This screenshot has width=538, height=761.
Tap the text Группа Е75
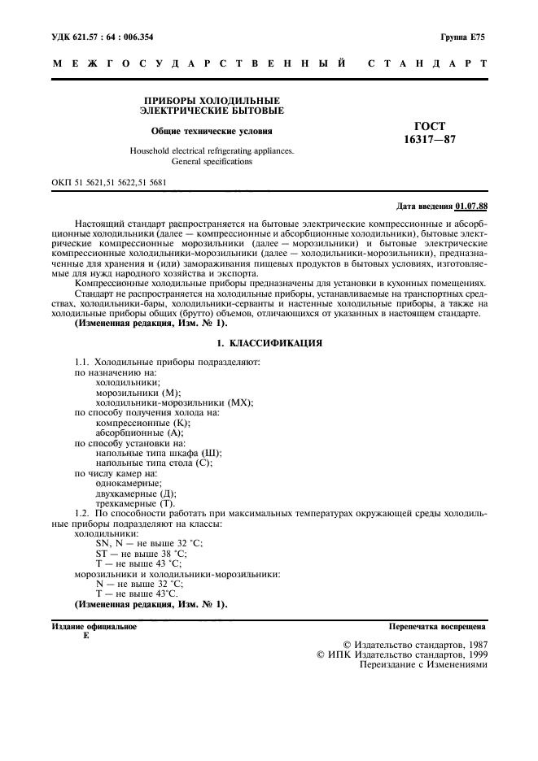coord(463,37)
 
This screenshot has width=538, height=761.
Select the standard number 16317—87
coord(431,140)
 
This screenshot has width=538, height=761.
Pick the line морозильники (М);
coord(138,392)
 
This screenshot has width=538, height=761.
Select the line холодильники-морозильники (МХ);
coord(175,402)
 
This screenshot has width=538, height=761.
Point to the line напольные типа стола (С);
coord(154,463)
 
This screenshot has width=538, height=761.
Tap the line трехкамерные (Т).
coord(135,504)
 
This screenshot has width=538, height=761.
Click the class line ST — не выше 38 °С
coord(139,553)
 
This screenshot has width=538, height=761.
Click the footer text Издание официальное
coord(94,627)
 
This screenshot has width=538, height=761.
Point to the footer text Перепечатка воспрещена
coord(438,627)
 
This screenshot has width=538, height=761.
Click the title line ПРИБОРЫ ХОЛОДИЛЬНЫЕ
coord(212,100)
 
